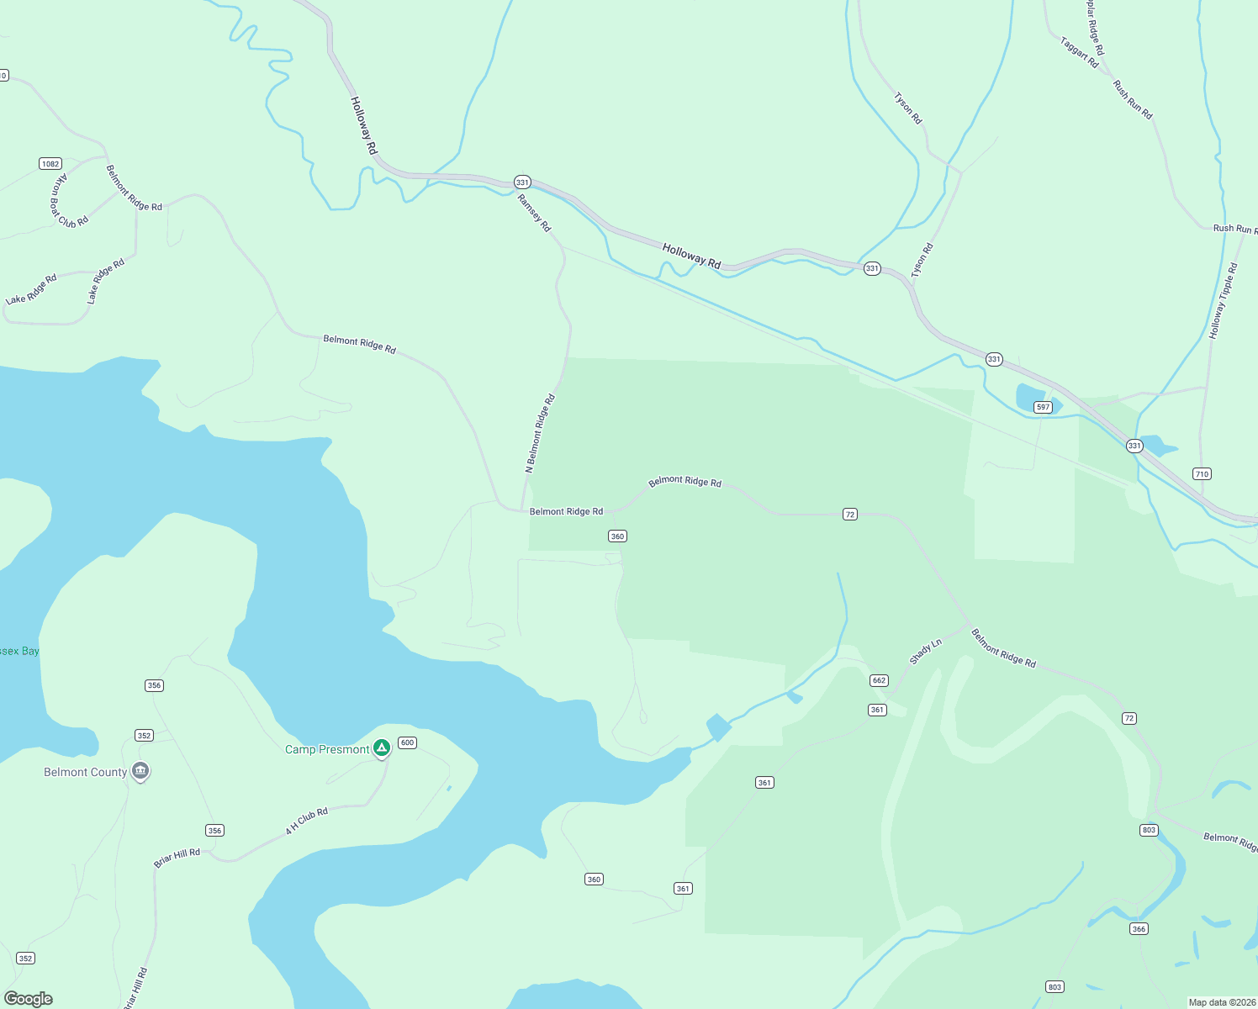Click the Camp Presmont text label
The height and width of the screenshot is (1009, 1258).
[327, 749]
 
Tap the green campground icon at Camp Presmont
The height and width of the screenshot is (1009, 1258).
[381, 747]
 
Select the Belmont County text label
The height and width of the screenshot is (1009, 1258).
[85, 772]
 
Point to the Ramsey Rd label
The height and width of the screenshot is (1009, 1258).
[534, 214]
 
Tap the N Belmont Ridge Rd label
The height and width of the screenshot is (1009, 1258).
[541, 434]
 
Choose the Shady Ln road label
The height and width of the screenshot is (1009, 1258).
[926, 652]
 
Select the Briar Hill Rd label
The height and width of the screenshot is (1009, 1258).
[177, 858]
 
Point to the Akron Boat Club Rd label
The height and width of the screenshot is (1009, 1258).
[67, 201]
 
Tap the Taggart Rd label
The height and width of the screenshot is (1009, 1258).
[1079, 52]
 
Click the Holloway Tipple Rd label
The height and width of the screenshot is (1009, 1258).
[1224, 301]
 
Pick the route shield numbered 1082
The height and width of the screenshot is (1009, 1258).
[50, 163]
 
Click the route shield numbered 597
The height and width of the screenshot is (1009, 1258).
[1043, 407]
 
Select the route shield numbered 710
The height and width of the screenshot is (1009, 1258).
[1202, 474]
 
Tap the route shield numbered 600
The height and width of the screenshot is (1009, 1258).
[407, 742]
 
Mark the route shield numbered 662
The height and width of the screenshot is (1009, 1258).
[879, 680]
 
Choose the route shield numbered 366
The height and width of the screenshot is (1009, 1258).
[1139, 929]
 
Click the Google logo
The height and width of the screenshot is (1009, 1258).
[29, 999]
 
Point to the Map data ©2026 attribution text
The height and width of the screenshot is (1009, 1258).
[1220, 1002]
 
